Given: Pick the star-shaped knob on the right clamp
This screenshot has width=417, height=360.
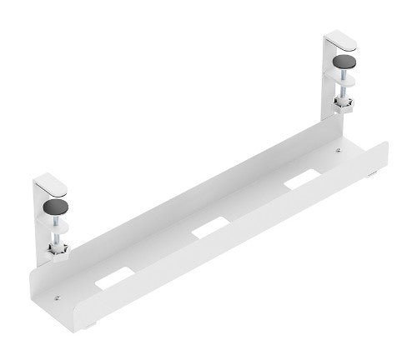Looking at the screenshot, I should [343, 104].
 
